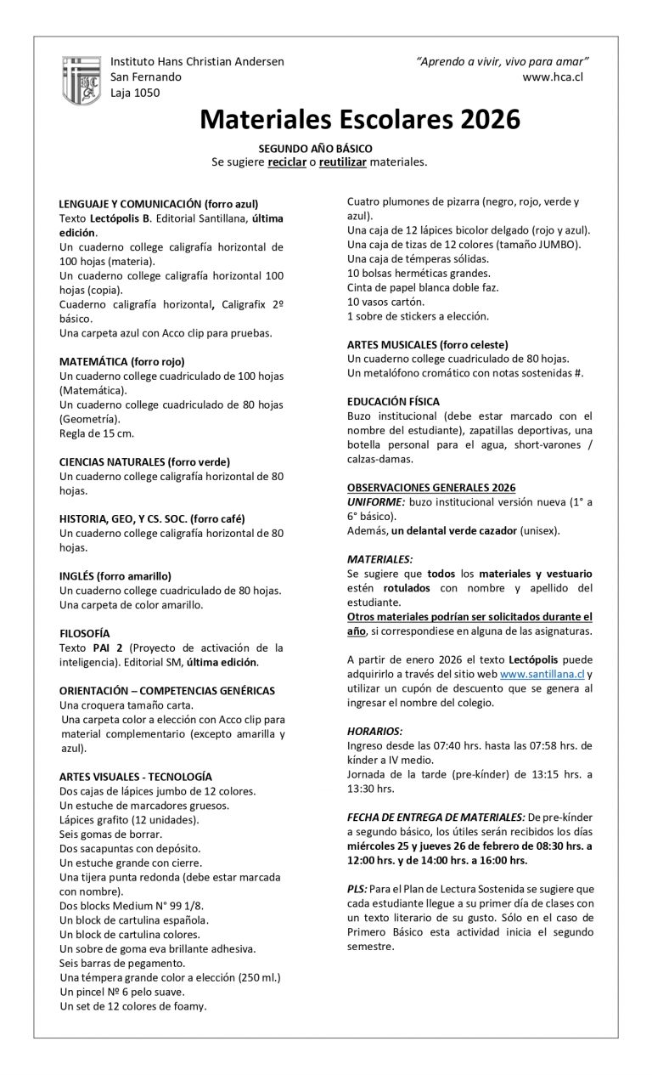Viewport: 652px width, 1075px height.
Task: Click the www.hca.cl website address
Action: coord(553,76)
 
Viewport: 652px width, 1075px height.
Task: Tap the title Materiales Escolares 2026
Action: coord(360,119)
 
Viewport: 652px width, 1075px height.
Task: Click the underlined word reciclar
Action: coord(286,161)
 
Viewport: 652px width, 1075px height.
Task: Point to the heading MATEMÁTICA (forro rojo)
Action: coord(122,361)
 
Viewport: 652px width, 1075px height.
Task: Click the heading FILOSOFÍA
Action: coord(85,633)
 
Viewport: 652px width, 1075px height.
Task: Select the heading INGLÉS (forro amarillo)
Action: coord(115,575)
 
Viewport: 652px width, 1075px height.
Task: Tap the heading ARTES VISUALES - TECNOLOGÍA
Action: coord(136,776)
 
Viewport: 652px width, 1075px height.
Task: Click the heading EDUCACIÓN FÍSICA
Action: coord(393,401)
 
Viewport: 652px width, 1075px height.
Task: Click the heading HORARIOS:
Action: coord(375,730)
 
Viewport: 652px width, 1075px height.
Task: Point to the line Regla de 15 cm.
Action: coord(97,433)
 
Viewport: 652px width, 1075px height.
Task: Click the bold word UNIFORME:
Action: coord(376,501)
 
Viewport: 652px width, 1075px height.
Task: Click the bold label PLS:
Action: coord(357,887)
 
